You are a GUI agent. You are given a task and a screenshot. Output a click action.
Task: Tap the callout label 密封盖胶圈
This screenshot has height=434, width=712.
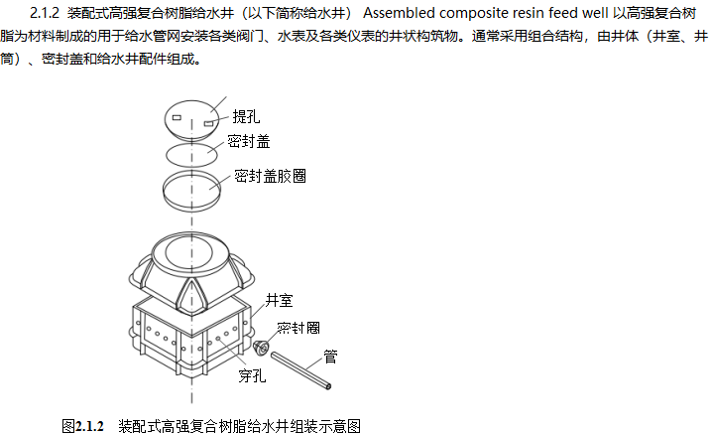point(270,177)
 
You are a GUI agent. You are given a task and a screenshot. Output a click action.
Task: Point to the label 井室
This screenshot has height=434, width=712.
point(279,298)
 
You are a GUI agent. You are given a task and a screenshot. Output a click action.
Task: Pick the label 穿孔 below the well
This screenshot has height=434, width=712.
point(252,375)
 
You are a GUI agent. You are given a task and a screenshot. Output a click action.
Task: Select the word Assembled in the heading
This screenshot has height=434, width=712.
point(399,15)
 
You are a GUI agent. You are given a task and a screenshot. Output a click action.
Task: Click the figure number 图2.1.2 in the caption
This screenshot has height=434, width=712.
point(82,425)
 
